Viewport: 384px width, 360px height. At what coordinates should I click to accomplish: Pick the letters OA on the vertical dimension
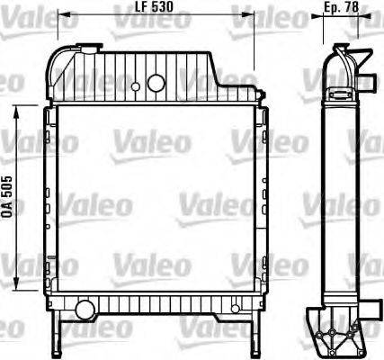click(7, 210)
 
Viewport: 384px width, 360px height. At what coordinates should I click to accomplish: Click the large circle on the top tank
click(156, 83)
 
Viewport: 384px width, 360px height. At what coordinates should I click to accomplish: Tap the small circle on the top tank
click(135, 87)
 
